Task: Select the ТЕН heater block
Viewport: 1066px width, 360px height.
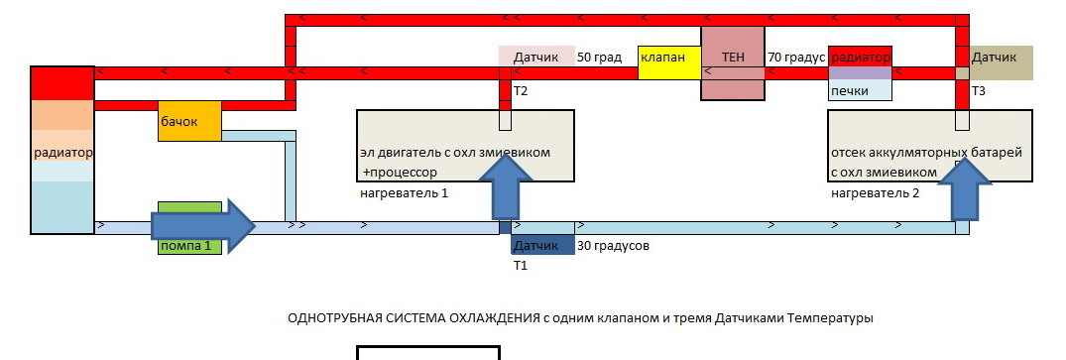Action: [733, 63]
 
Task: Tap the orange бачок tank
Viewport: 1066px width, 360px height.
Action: [189, 121]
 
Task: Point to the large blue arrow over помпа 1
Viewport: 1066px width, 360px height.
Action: [202, 224]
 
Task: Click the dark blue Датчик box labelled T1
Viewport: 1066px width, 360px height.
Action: [542, 245]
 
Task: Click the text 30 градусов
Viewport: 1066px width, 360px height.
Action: [613, 246]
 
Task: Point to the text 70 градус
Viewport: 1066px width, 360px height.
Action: [796, 58]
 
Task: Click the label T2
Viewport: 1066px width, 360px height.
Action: [521, 90]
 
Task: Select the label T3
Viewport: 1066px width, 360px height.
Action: [979, 90]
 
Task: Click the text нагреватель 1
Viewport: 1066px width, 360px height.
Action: [404, 193]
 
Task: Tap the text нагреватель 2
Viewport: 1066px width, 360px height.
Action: [875, 193]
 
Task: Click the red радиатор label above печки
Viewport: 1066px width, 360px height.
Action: [860, 58]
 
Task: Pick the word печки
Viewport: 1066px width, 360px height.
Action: [850, 90]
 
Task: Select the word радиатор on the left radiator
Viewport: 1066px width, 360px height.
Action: [62, 153]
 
